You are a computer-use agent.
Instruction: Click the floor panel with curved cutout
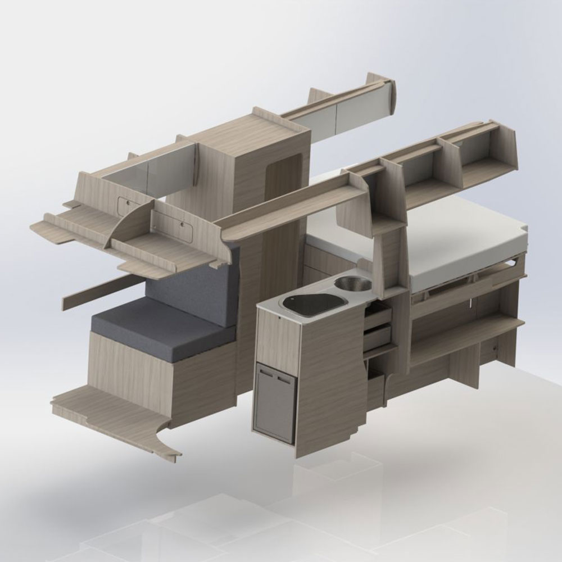pyautogui.click(x=112, y=416)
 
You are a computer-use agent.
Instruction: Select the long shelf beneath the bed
pyautogui.click(x=466, y=337)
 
